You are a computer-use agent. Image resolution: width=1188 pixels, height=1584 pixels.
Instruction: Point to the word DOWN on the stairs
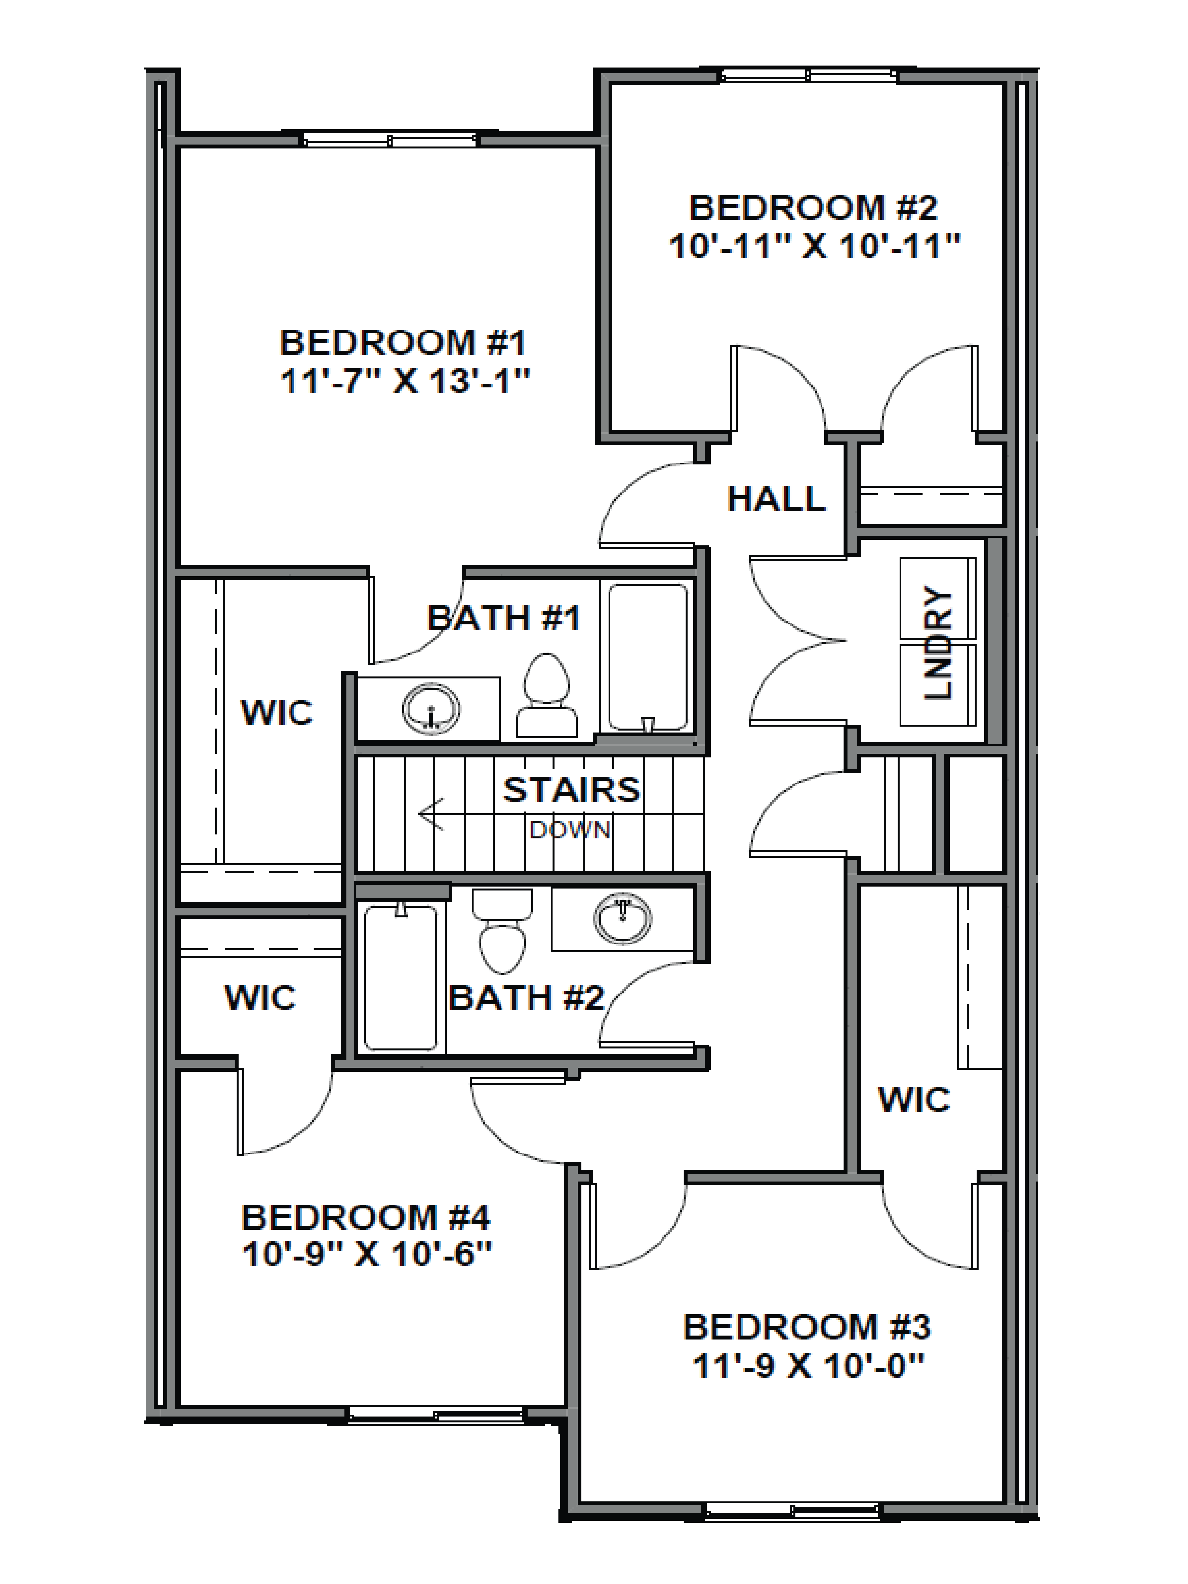[x=570, y=830]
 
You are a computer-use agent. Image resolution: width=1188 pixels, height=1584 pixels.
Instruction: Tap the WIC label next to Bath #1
[x=277, y=713]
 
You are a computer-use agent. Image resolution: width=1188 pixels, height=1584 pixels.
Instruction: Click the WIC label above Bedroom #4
[x=260, y=998]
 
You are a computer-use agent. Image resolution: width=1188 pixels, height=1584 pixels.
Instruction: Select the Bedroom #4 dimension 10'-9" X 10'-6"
[x=367, y=1255]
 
